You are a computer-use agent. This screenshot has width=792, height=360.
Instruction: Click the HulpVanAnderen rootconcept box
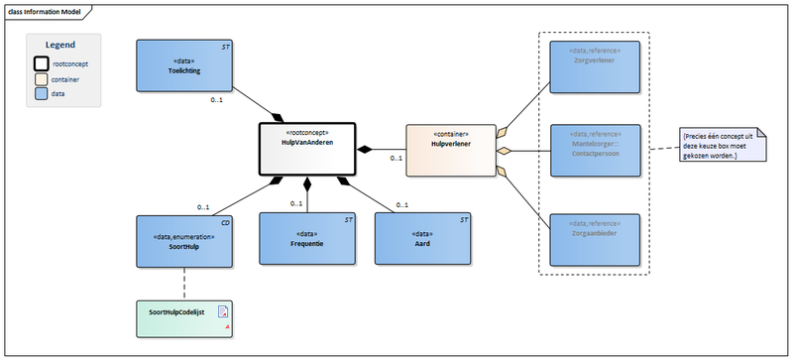[307, 149]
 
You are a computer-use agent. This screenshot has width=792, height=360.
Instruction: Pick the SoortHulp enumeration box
[184, 242]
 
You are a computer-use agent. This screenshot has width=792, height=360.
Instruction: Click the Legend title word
[62, 45]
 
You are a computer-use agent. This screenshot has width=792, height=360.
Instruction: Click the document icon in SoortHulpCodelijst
[223, 311]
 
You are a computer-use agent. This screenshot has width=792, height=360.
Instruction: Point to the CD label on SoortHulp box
[226, 223]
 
